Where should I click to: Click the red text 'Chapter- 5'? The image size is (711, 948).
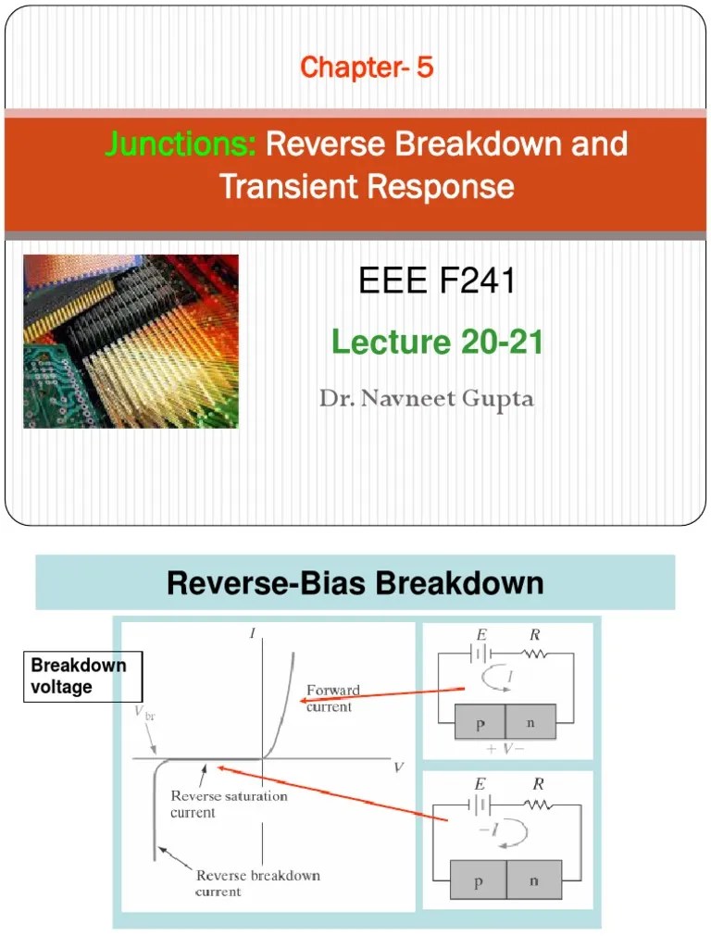[x=367, y=68]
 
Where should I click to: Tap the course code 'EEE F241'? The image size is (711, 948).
[x=436, y=281]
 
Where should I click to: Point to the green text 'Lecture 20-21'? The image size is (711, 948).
[x=437, y=343]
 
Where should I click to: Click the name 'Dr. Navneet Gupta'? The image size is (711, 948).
[x=427, y=399]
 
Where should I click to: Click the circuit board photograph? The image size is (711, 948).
[x=131, y=341]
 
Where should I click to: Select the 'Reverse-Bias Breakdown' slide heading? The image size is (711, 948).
[x=355, y=584]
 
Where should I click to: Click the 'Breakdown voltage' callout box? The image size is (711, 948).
[x=82, y=677]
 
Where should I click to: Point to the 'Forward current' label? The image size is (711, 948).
[x=332, y=698]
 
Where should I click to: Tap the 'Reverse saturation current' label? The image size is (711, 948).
[x=229, y=804]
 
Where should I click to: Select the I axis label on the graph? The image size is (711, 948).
[x=252, y=634]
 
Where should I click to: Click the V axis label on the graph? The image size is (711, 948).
[x=399, y=767]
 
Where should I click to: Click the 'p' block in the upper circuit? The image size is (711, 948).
[x=480, y=721]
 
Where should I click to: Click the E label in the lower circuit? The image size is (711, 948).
[x=480, y=784]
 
